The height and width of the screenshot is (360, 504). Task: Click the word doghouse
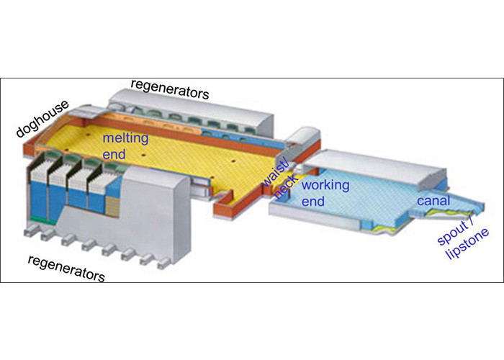tap(40, 118)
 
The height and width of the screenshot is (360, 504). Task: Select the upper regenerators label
tap(170, 88)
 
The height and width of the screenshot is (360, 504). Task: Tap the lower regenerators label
tap(66, 267)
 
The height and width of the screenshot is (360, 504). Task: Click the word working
tap(323, 185)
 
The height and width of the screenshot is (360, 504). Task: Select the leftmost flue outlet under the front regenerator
tap(33, 233)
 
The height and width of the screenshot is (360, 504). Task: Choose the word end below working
tap(314, 202)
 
